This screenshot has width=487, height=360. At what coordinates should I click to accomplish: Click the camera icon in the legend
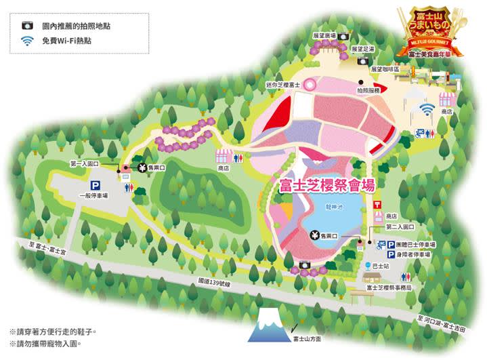(27, 25)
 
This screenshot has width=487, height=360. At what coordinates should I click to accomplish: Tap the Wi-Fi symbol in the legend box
(27, 41)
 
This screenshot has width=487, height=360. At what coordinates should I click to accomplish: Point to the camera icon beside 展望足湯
(343, 37)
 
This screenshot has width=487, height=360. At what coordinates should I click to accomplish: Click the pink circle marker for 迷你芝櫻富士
(310, 84)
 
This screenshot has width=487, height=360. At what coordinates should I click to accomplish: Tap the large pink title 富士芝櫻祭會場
(328, 185)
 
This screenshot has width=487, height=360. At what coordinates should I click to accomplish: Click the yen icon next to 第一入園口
(142, 168)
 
